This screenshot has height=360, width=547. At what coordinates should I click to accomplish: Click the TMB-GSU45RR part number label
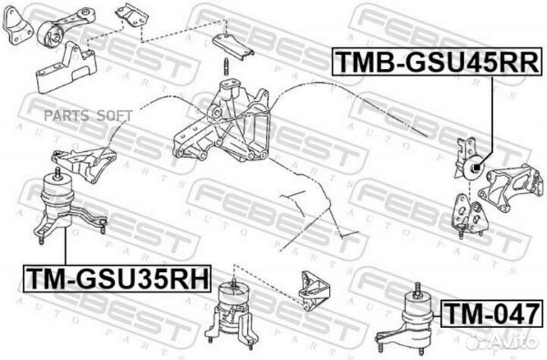point(437,62)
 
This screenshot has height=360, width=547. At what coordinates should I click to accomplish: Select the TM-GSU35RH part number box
point(117,278)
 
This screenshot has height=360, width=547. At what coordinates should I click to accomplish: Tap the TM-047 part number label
point(492,314)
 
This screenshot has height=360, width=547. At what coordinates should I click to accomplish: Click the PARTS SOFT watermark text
point(88,115)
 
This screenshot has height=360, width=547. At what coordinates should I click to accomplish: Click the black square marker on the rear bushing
point(476,168)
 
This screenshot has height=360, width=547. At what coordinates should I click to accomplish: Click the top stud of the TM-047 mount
point(417,290)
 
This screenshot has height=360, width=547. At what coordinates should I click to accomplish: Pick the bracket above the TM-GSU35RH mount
point(84,163)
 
